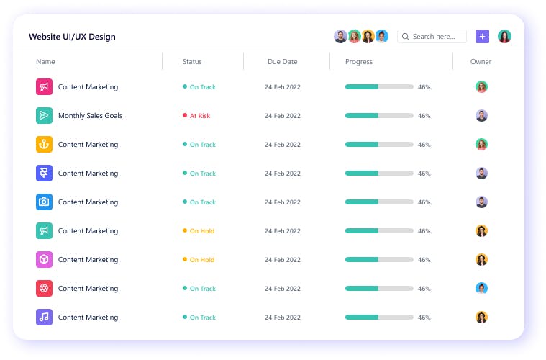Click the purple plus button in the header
482,36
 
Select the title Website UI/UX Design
72,37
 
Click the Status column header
192,62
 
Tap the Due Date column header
282,62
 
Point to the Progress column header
359,62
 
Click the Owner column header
481,62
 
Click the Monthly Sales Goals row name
90,116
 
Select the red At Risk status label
199,116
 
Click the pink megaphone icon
44,87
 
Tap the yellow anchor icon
44,145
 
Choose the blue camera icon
44,202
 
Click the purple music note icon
44,318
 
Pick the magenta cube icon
44,260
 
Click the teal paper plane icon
44,116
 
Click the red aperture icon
44,289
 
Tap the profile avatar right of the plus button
504,36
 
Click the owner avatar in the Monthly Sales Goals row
481,116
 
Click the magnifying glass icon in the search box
406,37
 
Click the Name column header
45,62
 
